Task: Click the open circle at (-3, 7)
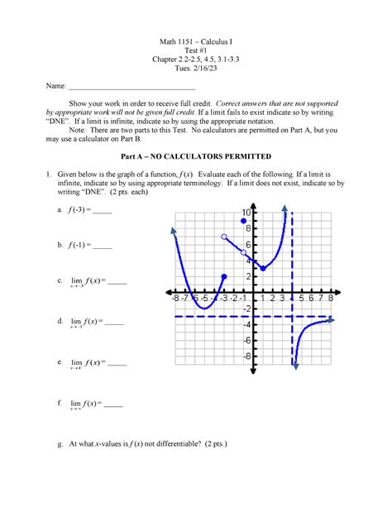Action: coord(224,237)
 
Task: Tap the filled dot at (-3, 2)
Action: coord(224,276)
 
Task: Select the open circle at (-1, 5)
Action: coord(243,252)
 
